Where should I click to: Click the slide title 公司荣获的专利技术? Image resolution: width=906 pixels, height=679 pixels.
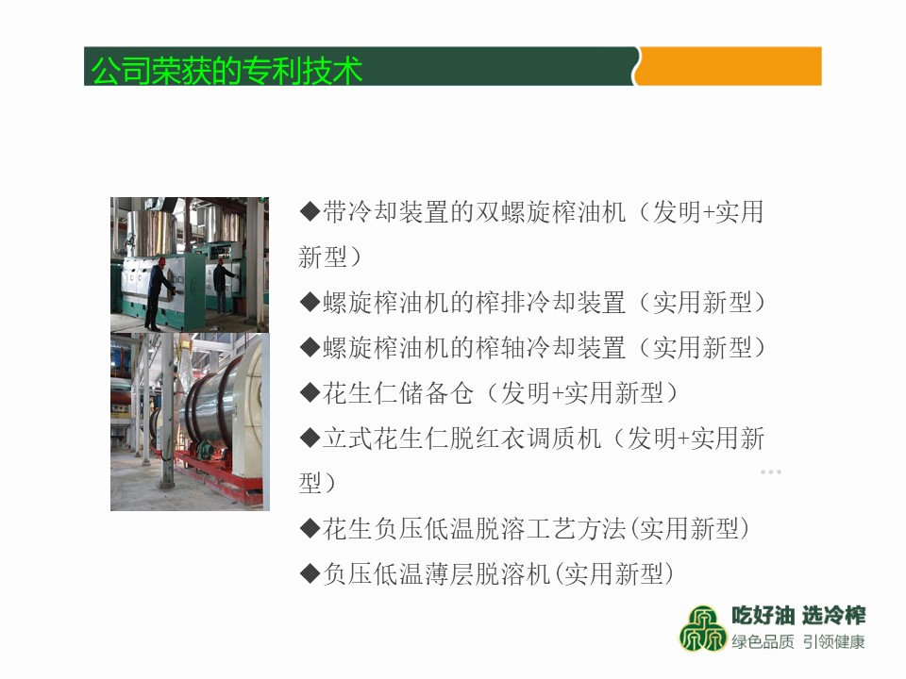pyautogui.click(x=226, y=71)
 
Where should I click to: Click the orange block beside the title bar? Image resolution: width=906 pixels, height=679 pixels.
pyautogui.click(x=730, y=66)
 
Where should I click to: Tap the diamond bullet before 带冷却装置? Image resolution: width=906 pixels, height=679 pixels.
pyautogui.click(x=310, y=212)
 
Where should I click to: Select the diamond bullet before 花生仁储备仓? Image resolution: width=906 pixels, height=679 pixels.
pyautogui.click(x=310, y=393)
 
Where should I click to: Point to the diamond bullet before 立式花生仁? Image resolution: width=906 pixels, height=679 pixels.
pyautogui.click(x=310, y=439)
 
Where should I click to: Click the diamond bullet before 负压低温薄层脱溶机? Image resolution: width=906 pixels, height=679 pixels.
pyautogui.click(x=310, y=574)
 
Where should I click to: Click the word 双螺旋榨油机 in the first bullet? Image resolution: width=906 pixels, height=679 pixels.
pyautogui.click(x=550, y=212)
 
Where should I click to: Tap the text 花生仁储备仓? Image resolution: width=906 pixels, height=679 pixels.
pyautogui.click(x=398, y=393)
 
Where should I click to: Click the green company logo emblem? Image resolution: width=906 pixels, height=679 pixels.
pyautogui.click(x=702, y=629)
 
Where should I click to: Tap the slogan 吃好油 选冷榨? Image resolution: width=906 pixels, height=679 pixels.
pyautogui.click(x=798, y=616)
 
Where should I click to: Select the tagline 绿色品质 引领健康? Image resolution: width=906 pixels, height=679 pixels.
pyautogui.click(x=798, y=641)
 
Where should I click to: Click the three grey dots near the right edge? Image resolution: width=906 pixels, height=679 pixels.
pyautogui.click(x=771, y=472)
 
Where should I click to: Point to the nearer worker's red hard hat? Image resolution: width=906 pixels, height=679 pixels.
pyautogui.click(x=162, y=261)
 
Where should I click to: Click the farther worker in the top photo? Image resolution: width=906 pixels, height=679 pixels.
pyautogui.click(x=223, y=287)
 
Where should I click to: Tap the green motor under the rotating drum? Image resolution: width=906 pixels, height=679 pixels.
pyautogui.click(x=205, y=450)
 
